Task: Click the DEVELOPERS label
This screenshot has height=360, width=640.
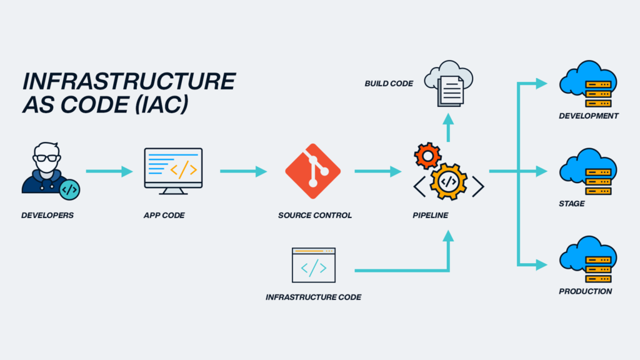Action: click(x=47, y=216)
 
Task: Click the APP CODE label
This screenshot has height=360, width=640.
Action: click(x=164, y=216)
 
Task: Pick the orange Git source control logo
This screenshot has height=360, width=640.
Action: click(x=312, y=171)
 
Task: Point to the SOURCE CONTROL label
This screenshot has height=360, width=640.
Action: click(x=315, y=216)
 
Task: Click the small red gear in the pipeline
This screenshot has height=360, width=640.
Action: click(x=428, y=155)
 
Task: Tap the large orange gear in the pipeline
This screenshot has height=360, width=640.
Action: click(x=448, y=181)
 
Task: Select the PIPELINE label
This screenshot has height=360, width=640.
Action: click(x=430, y=216)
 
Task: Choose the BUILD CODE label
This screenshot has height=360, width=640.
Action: click(x=389, y=83)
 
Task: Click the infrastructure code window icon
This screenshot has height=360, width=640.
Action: click(x=313, y=265)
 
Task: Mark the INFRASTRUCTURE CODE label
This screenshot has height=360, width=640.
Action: click(x=313, y=297)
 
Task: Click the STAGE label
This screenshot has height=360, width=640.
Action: click(x=572, y=204)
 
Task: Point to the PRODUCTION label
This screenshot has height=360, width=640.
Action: click(x=586, y=292)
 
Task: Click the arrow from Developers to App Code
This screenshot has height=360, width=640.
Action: click(x=109, y=171)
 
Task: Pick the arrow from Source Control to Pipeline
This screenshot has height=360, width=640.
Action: click(x=378, y=171)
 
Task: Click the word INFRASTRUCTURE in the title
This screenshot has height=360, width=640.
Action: click(x=129, y=82)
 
